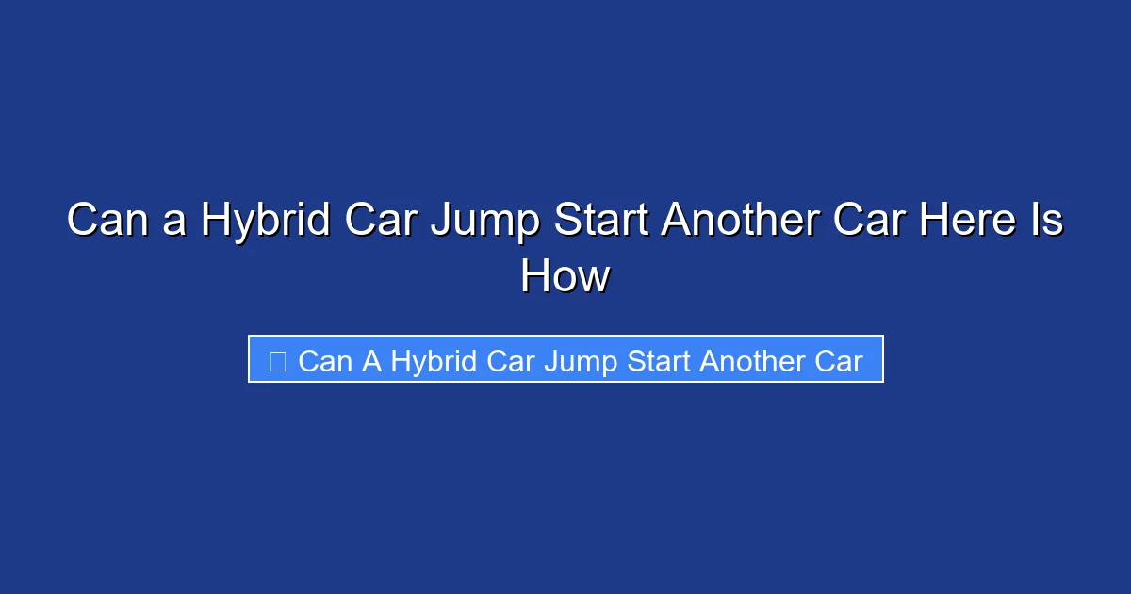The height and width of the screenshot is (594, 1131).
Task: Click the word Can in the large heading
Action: (102, 222)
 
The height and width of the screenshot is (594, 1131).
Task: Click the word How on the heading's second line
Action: (565, 277)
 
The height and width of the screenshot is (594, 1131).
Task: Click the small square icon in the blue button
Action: (278, 361)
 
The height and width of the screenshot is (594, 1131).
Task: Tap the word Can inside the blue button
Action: (324, 361)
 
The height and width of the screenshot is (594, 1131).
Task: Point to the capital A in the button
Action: (370, 361)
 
